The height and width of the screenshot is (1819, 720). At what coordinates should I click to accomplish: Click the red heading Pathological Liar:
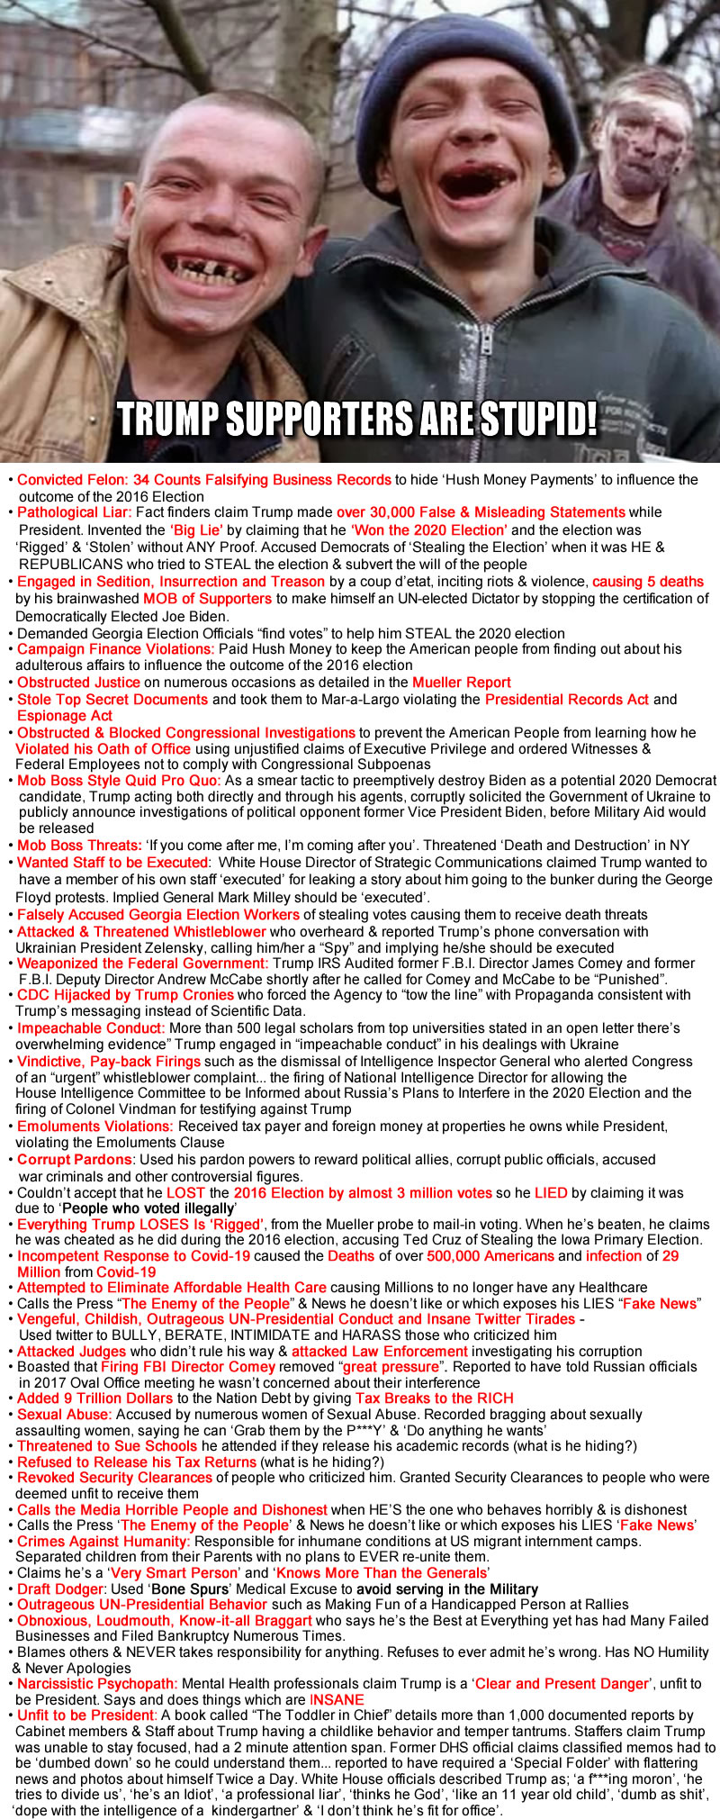(x=75, y=512)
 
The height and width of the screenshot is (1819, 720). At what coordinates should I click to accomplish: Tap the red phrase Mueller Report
(x=462, y=683)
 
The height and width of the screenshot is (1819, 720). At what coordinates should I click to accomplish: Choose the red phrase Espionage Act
(x=65, y=716)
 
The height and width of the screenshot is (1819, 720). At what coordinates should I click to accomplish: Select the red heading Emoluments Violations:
(x=94, y=1127)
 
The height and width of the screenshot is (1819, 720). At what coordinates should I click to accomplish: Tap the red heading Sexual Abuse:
(x=67, y=1415)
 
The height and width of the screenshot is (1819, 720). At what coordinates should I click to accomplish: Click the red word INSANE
(x=337, y=1699)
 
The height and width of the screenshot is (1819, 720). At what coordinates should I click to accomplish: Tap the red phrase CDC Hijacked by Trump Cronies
(x=125, y=995)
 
